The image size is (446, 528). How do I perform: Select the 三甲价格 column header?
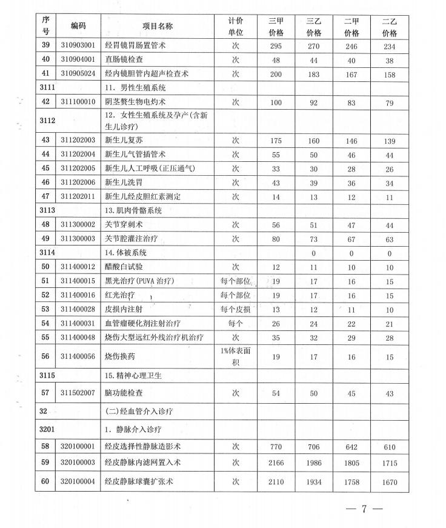276,27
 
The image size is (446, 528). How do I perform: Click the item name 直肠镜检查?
124,60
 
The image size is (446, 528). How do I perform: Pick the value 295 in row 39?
276,45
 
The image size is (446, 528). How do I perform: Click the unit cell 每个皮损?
235,309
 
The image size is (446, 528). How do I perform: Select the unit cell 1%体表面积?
235,356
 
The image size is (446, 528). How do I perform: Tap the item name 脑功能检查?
124,393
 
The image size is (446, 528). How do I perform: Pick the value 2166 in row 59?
276,464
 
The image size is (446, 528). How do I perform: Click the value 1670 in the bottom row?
389,483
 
